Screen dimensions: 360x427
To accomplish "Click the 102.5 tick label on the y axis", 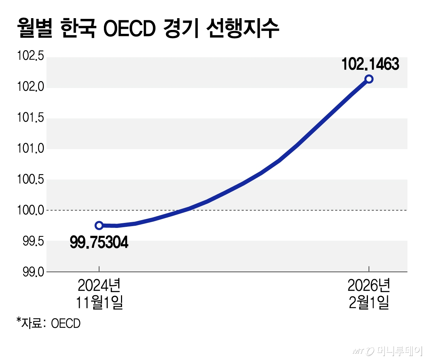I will click(x=30, y=57).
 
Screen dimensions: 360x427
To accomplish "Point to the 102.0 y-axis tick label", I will click(x=30, y=88).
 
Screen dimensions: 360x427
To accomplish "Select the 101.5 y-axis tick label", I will click(x=30, y=118).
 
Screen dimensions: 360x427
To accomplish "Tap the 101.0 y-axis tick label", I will click(x=30, y=149).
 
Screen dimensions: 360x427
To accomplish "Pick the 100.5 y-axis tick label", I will click(x=30, y=179).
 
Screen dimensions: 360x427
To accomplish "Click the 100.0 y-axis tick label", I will click(x=30, y=210).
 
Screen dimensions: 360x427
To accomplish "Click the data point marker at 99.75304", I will click(x=99, y=225).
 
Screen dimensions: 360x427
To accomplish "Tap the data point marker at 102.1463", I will click(x=369, y=79).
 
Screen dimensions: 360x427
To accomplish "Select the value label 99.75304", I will click(x=99, y=243).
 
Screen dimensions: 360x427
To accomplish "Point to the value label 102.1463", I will click(x=370, y=64).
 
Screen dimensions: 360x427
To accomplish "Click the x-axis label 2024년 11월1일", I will click(x=99, y=294).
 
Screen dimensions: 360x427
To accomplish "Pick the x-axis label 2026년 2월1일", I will click(x=369, y=294).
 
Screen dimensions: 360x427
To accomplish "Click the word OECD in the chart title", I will click(x=130, y=29).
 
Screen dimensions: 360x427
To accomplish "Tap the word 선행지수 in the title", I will click(x=243, y=29).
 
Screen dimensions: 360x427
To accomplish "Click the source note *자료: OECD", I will click(x=48, y=323).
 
